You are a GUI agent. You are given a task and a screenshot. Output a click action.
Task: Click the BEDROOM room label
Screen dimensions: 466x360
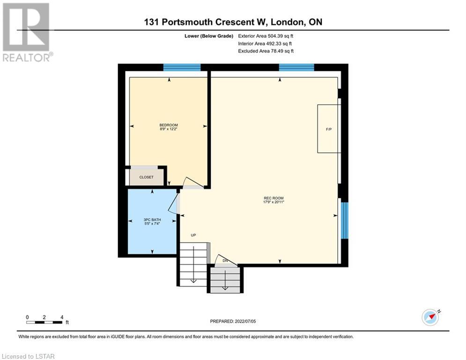point(169,125)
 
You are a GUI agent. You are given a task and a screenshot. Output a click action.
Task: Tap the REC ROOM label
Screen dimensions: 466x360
point(274,198)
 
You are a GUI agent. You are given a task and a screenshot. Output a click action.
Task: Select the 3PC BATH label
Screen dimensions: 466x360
point(152,220)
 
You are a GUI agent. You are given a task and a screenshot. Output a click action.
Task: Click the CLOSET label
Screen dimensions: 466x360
point(147,177)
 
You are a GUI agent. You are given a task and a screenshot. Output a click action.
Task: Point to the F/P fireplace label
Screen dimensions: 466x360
point(329,129)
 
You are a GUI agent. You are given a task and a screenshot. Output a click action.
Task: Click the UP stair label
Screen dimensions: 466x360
point(193,235)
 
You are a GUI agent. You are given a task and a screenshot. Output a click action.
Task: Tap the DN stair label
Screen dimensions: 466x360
point(225,261)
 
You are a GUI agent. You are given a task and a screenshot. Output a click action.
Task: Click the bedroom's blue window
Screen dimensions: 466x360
point(182,67)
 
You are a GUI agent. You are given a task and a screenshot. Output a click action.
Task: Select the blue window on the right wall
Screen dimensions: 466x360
point(344,220)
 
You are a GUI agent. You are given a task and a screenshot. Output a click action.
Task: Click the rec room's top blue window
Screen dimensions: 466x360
point(296,67)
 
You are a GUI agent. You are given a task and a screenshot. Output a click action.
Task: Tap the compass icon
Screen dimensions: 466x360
point(430,317)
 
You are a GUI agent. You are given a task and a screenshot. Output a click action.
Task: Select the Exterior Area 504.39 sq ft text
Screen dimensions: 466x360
point(266,36)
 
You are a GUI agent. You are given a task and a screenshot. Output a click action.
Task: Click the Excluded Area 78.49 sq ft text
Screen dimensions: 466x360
point(266,51)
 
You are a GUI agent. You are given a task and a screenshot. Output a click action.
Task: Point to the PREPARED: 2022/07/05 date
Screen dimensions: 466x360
point(233,321)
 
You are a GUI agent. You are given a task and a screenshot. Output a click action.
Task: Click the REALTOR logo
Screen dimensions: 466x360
point(27,32)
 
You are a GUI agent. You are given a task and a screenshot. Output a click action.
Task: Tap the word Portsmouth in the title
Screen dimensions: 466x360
point(187,22)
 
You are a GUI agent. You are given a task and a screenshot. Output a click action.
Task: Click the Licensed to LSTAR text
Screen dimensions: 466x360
point(28,356)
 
